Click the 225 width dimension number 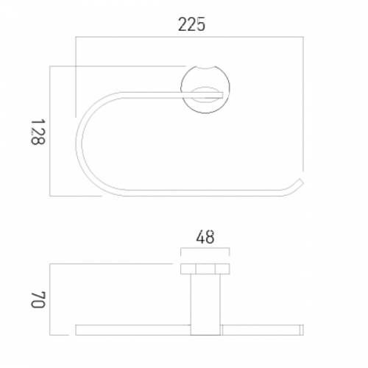(x=191, y=24)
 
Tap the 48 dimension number (x=205, y=237)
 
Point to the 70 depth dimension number (x=38, y=300)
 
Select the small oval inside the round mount (x=205, y=95)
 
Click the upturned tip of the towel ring (x=300, y=182)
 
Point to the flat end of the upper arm (x=222, y=95)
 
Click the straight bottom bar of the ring (x=204, y=193)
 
